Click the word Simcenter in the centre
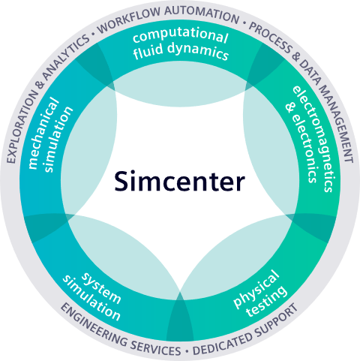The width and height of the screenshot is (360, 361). [x=179, y=181]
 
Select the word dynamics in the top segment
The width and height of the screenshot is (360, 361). [x=198, y=50]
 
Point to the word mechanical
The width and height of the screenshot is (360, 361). [x=43, y=134]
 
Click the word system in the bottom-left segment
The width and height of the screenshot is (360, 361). [x=102, y=287]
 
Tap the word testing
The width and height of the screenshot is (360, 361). [x=266, y=302]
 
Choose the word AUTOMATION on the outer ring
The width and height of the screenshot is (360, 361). [x=202, y=14]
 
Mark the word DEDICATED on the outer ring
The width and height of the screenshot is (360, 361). [x=223, y=342]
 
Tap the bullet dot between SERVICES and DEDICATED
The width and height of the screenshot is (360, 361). [x=187, y=351]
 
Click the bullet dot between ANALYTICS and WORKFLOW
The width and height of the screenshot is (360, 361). [x=94, y=34]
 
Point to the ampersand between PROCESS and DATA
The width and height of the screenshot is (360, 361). [x=296, y=57]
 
